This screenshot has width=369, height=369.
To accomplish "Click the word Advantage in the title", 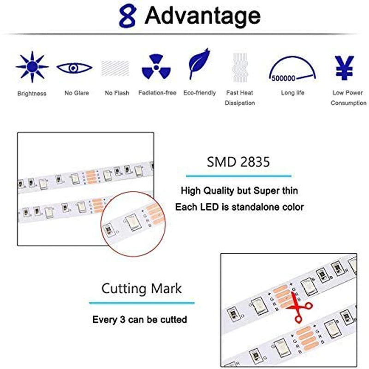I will (x=202, y=16).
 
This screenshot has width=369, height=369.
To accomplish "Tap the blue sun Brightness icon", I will (x=32, y=67).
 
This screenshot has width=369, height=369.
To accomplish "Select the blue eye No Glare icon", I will (x=74, y=68).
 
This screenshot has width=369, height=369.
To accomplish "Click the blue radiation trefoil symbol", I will (x=157, y=67).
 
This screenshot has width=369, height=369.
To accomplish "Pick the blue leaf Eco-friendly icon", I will (x=199, y=65).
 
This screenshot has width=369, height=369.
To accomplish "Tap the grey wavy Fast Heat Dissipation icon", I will (x=240, y=68).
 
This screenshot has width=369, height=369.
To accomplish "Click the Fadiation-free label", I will (x=157, y=93).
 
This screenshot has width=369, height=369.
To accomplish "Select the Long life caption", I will (x=292, y=93).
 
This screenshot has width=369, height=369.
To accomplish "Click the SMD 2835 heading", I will (x=238, y=162).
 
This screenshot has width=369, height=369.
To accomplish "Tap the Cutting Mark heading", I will (x=142, y=289).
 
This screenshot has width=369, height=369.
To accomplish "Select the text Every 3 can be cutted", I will (x=140, y=319).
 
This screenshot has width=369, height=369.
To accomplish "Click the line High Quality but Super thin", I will (x=239, y=190).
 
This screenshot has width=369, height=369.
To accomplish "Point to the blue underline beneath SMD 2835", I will (x=238, y=176).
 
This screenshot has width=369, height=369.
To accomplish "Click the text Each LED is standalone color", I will (x=239, y=207).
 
